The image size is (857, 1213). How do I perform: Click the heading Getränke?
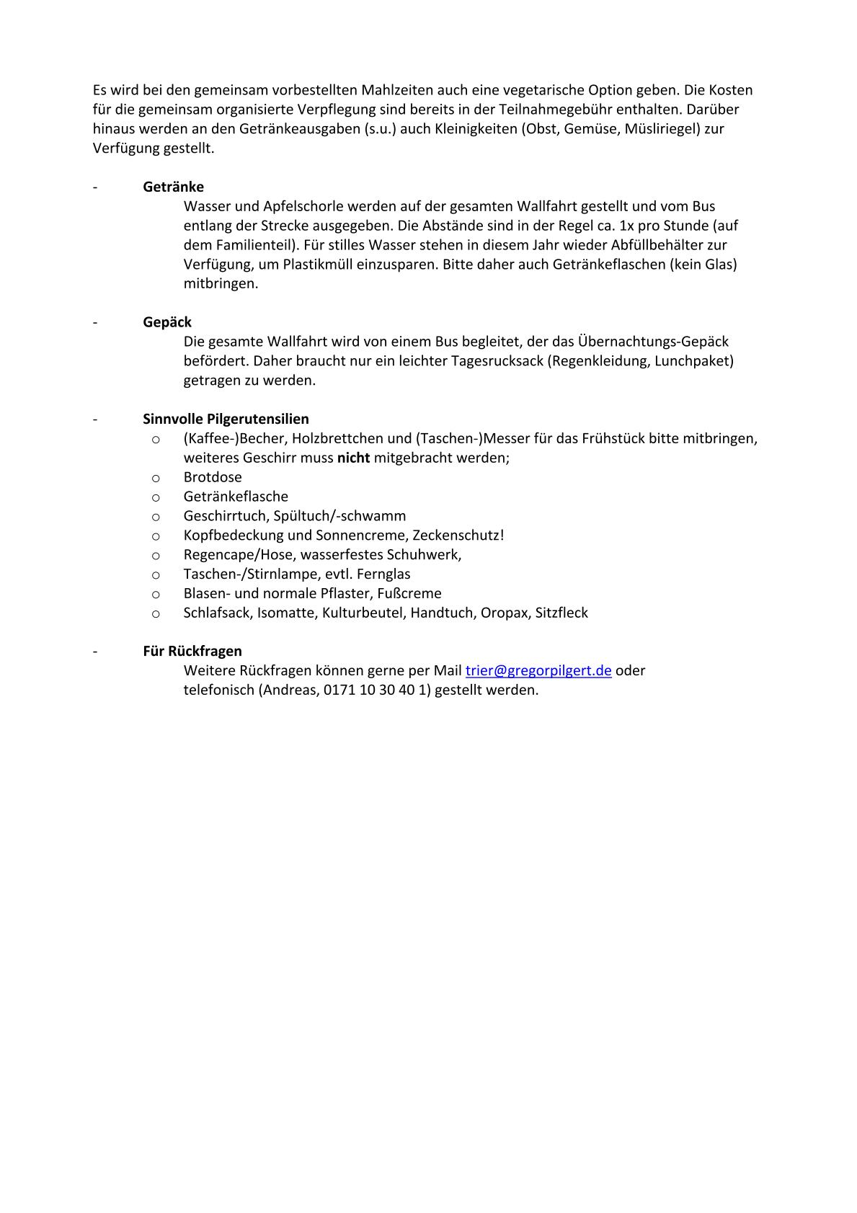point(173,187)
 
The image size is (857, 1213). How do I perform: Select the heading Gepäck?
point(167,322)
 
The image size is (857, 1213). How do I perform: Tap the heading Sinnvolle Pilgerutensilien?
point(226,419)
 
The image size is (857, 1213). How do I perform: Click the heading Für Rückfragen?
point(192,651)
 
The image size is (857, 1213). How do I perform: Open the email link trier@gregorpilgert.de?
point(538,670)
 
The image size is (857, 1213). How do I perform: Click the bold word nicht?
point(353,458)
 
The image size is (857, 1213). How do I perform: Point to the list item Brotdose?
point(213,477)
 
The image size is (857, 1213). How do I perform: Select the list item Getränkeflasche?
point(236,497)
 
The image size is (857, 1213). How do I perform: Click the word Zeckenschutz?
point(456,536)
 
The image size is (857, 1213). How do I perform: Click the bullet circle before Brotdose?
point(155,478)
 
